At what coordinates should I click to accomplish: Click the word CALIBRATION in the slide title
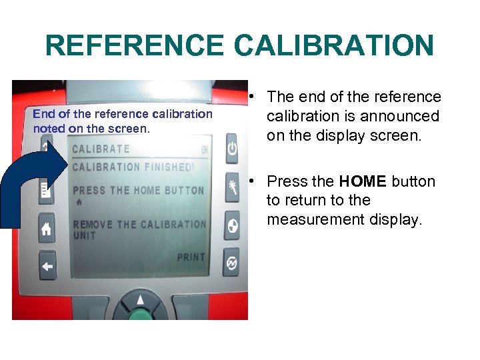click(x=333, y=46)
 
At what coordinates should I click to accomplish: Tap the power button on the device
click(x=231, y=148)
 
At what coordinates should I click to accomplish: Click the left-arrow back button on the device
click(x=47, y=265)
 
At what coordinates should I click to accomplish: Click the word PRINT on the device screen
click(x=191, y=257)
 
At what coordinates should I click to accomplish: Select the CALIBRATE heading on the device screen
click(x=101, y=149)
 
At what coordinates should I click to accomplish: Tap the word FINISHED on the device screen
click(x=169, y=167)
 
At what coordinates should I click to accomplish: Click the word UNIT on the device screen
click(x=84, y=235)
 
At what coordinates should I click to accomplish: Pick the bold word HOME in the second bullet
click(x=363, y=181)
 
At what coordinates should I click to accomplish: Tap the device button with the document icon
click(x=46, y=191)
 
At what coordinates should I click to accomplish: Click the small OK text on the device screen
click(x=205, y=149)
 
